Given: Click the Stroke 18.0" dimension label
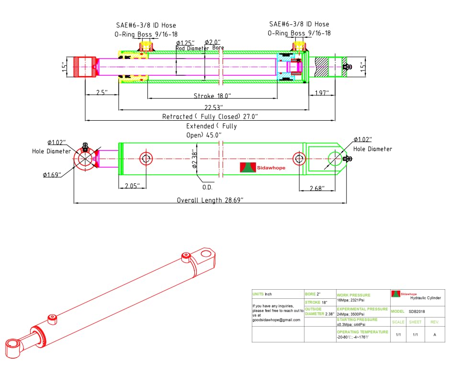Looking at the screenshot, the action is [x=212, y=96].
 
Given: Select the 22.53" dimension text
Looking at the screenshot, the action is [x=214, y=108].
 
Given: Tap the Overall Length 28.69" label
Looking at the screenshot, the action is [x=210, y=200].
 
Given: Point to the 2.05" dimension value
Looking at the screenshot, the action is [x=132, y=186].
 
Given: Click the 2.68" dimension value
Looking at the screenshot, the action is [x=317, y=189].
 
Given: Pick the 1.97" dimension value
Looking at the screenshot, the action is [x=322, y=93].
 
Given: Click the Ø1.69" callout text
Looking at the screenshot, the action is [x=52, y=175].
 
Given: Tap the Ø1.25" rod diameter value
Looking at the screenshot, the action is [x=185, y=43].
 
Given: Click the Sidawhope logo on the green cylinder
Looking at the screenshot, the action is [x=263, y=168].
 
